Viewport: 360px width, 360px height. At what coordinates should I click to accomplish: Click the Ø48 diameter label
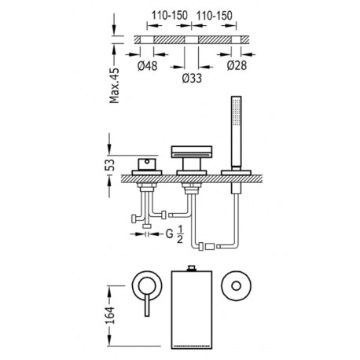point(147,66)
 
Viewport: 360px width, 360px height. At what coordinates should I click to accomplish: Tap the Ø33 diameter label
point(192,78)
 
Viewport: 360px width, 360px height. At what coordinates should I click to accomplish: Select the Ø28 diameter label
point(237,65)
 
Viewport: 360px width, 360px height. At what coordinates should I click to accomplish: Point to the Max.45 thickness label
point(115,86)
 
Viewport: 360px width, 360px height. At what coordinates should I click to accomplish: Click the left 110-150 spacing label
point(170,16)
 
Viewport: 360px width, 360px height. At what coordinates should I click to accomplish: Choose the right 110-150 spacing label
point(215,16)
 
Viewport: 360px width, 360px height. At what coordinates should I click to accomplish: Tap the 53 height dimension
point(110,165)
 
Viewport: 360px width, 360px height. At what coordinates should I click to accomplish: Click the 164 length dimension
point(110,315)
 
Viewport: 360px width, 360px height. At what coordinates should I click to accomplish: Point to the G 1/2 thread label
point(174,234)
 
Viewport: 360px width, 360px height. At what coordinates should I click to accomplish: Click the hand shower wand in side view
point(236,131)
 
